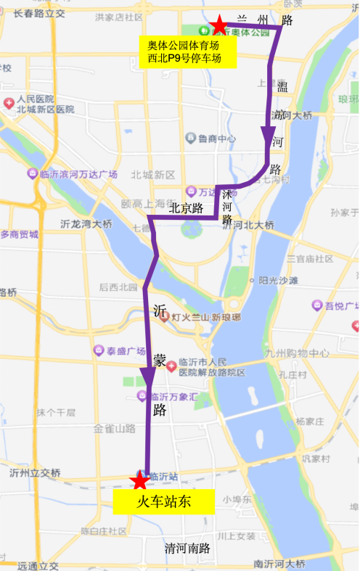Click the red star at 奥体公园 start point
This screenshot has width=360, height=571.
pos(218,25)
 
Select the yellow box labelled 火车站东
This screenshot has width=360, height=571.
pos(164,502)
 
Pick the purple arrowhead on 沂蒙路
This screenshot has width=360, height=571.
pos(148,377)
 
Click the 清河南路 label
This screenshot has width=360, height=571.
pos(187,549)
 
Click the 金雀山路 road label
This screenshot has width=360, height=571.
pos(115,429)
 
